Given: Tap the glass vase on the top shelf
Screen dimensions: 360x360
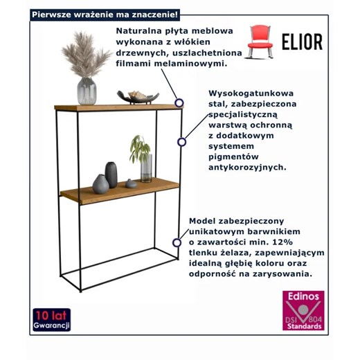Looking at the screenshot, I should tap(87, 91).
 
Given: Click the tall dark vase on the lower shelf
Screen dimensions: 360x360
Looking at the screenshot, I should tap(111, 174).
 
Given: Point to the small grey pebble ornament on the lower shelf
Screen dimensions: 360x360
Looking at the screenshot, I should tap(129, 183).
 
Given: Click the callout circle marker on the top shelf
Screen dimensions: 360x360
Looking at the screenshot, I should tap(179, 102).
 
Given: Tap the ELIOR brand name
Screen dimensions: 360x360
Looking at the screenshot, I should tap(301, 42).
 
